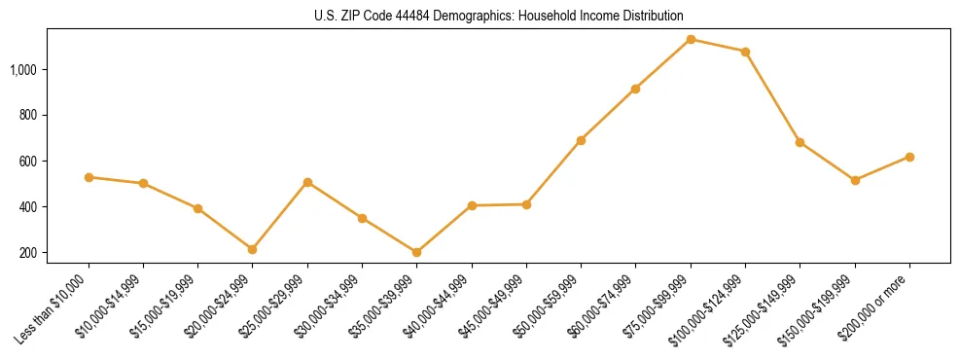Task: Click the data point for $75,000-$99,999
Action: [691, 40]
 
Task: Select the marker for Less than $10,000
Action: [89, 177]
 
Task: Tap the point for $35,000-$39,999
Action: [417, 252]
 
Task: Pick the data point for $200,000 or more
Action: [909, 157]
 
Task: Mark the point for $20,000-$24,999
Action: [253, 249]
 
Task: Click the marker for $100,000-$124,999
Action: [745, 52]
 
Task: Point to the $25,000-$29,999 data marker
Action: [307, 182]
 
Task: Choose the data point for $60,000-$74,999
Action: [636, 89]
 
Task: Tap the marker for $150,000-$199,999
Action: [855, 180]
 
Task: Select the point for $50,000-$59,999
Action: [581, 140]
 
